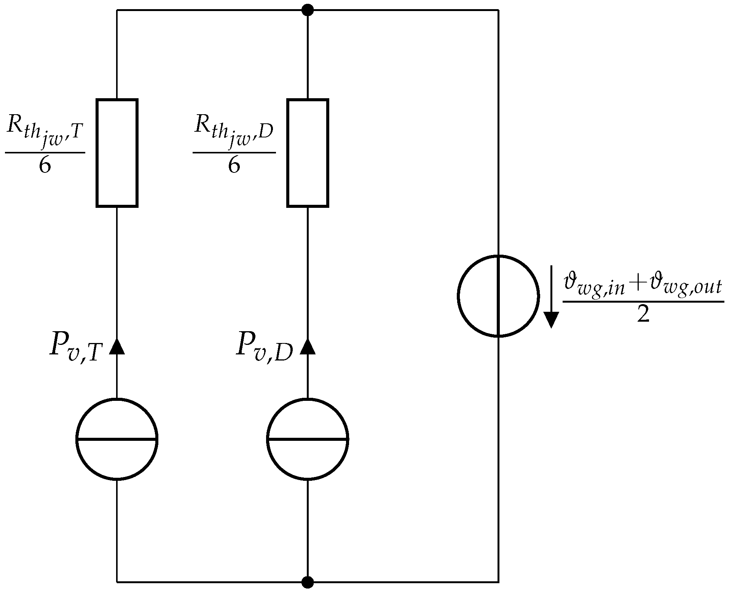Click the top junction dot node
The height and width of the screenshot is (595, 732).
click(307, 10)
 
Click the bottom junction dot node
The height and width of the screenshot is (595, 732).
click(307, 582)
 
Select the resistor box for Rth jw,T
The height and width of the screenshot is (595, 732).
click(117, 153)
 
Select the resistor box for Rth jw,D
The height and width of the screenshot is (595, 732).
click(308, 153)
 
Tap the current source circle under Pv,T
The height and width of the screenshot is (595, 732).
click(117, 439)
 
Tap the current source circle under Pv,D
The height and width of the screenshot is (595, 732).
click(308, 439)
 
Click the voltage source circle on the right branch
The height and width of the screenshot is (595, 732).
click(498, 296)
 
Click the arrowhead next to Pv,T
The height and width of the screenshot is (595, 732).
click(117, 346)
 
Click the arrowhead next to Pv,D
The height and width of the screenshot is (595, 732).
click(308, 346)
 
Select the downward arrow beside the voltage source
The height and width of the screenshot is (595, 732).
click(551, 297)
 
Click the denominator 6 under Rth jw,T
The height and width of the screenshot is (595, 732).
click(45, 166)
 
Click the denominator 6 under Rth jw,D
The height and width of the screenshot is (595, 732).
click(234, 166)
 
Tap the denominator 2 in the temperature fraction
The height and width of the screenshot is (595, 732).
click(643, 315)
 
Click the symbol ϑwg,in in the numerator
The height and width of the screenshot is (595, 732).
click(594, 286)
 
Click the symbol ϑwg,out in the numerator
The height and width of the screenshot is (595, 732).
click(685, 286)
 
